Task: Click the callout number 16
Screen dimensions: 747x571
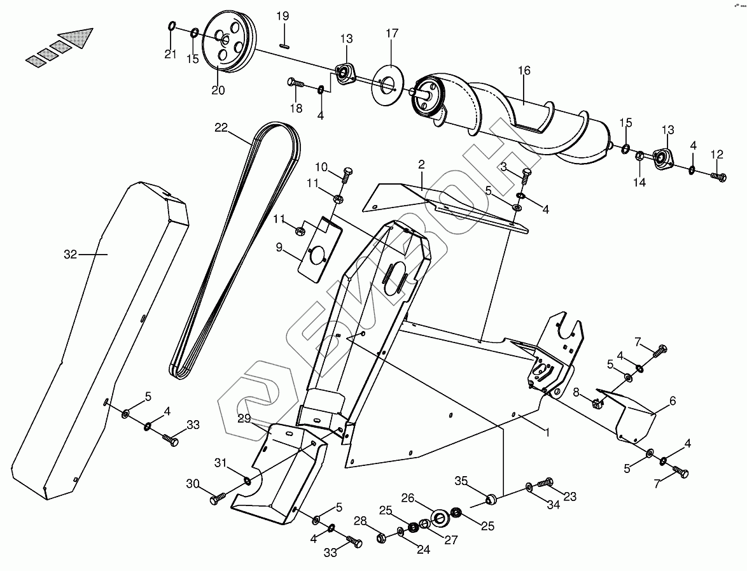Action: pos(524,71)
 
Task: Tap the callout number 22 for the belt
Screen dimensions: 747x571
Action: pos(221,127)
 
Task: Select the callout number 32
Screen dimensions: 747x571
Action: pos(70,255)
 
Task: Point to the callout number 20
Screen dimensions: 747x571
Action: pos(218,90)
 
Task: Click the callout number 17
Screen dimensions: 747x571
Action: pos(392,33)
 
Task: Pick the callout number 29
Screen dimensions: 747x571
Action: pos(244,418)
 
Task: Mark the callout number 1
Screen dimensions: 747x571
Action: pos(547,432)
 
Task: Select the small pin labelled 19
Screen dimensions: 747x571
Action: pos(284,45)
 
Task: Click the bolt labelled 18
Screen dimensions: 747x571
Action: pos(296,82)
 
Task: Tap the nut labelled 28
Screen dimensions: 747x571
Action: pos(381,539)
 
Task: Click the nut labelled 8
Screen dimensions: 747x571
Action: pos(596,402)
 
